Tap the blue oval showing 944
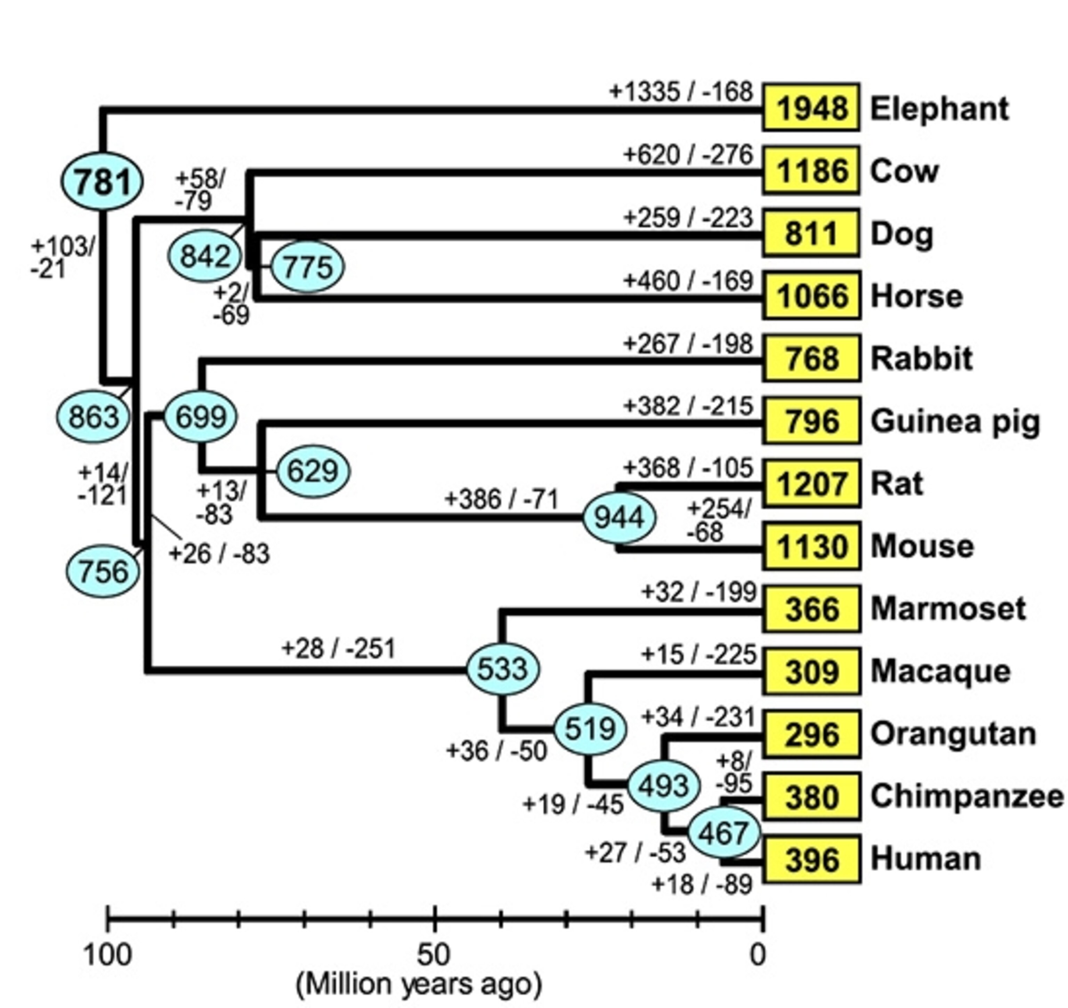click(620, 517)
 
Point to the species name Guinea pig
click(955, 421)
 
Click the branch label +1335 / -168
click(681, 92)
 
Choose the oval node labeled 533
click(503, 669)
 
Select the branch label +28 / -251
click(339, 648)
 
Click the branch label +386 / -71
click(502, 500)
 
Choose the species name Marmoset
click(948, 609)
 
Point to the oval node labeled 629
click(313, 471)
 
